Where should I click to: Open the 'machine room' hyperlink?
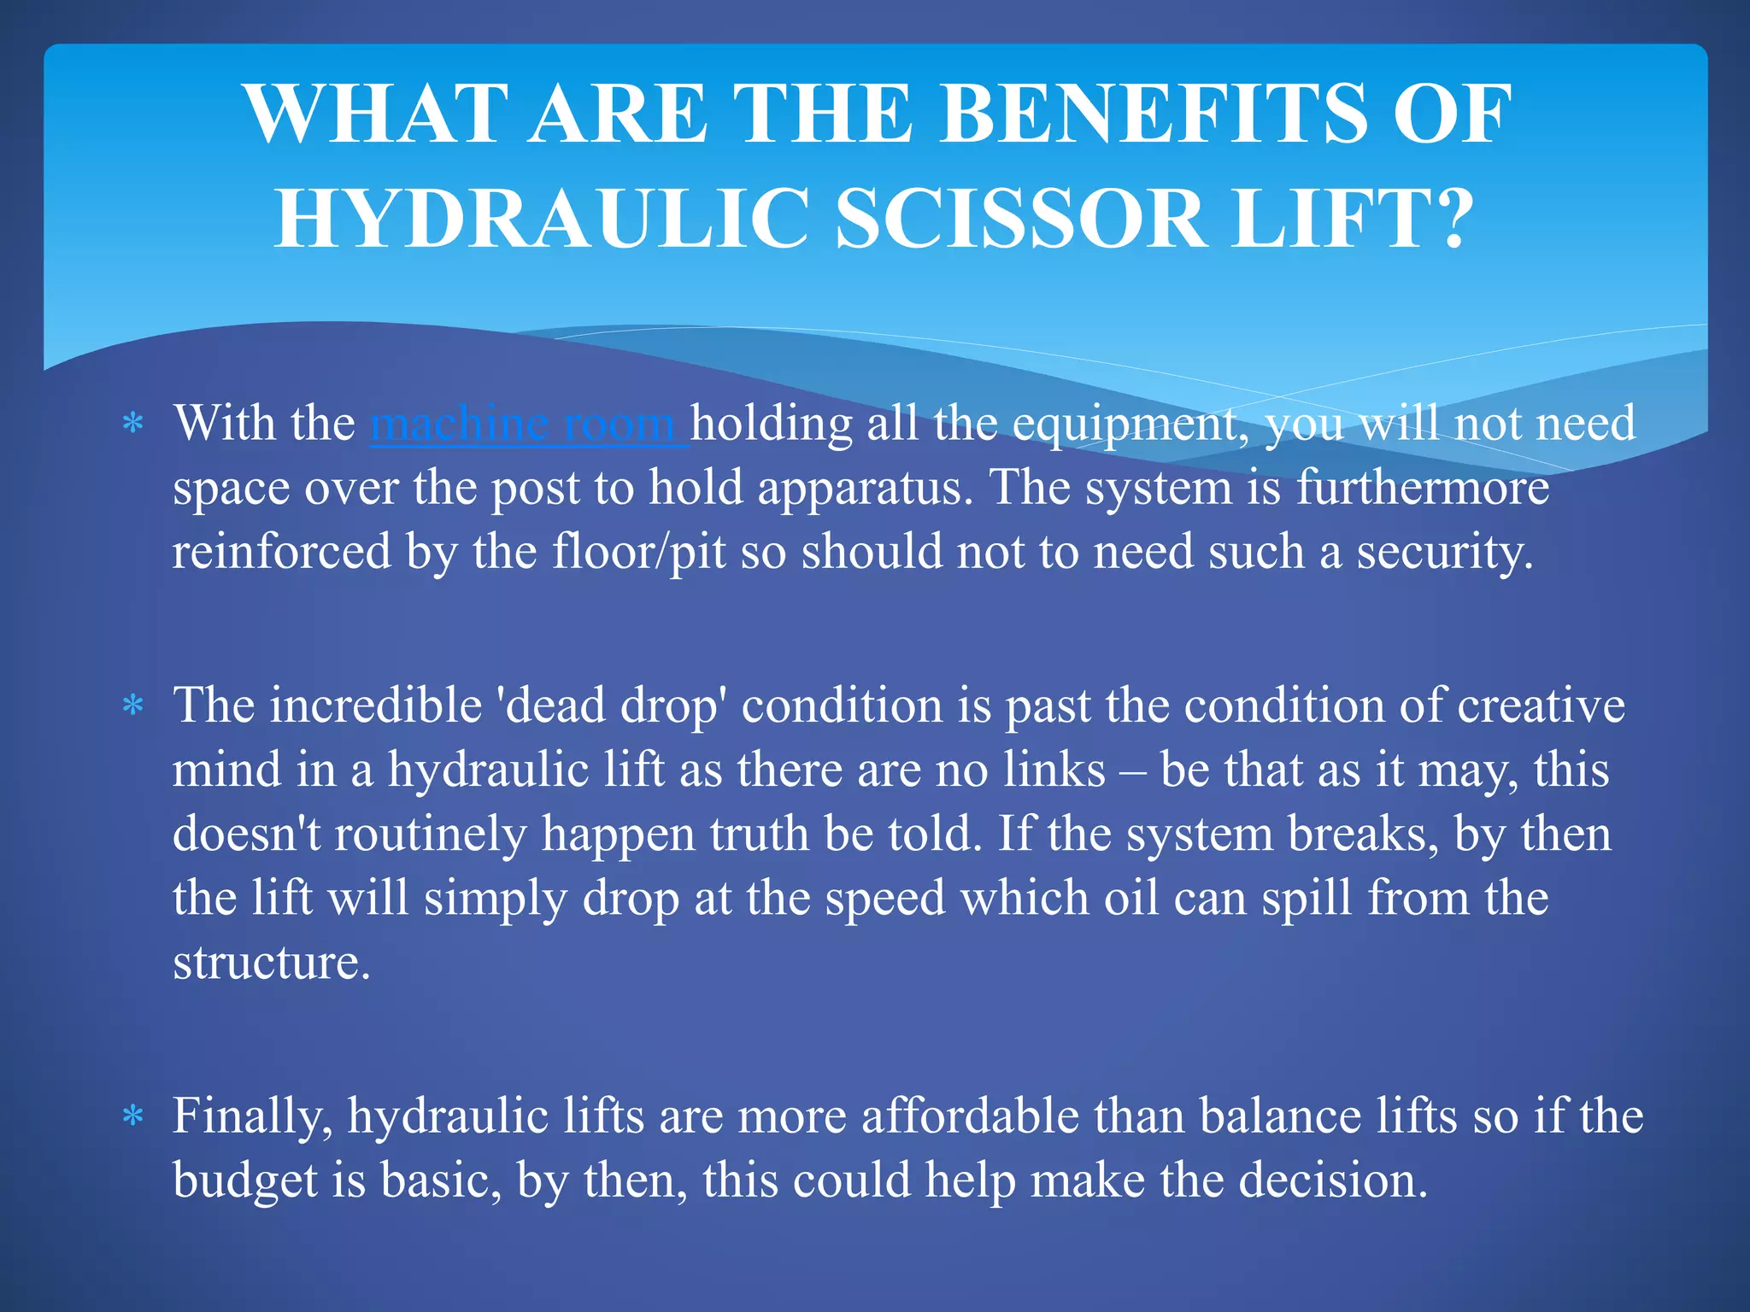[x=527, y=424]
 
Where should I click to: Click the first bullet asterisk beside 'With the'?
[x=132, y=424]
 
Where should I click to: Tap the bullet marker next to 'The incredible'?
[x=132, y=706]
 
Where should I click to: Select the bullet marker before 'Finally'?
[x=132, y=1116]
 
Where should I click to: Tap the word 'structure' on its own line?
[x=271, y=963]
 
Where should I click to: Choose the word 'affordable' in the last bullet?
[x=970, y=1116]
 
